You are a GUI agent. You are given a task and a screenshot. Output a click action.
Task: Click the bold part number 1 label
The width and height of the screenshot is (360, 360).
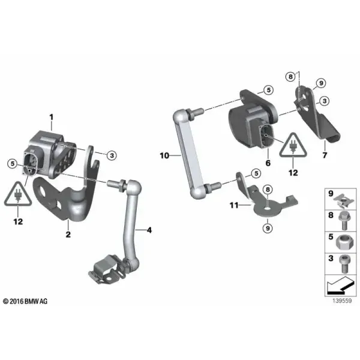tap(52, 118)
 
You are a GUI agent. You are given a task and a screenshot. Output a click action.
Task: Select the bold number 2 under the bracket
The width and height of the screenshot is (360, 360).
tap(68, 235)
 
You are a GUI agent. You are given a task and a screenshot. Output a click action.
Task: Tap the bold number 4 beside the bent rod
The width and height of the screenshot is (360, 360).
tap(149, 230)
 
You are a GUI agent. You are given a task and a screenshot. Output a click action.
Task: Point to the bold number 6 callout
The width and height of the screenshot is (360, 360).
tap(268, 163)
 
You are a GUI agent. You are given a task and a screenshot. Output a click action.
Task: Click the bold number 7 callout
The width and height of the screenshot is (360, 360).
tap(325, 155)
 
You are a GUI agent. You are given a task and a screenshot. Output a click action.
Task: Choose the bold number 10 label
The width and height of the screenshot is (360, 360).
tap(164, 155)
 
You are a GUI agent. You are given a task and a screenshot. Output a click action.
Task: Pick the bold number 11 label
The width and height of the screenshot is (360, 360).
tap(234, 205)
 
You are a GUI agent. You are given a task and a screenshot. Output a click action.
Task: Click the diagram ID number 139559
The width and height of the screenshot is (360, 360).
tap(342, 301)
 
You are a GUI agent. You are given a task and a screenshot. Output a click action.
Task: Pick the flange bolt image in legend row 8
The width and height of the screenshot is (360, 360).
tap(344, 221)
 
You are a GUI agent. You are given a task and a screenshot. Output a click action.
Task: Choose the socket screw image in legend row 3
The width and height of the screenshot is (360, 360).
tap(344, 264)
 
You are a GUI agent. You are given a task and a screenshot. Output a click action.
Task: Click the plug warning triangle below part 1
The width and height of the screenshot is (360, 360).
tap(18, 194)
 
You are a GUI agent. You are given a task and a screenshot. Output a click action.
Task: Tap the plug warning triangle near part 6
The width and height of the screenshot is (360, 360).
tap(293, 145)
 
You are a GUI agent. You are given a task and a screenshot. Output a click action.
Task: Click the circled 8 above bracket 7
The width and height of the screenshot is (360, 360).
tap(290, 76)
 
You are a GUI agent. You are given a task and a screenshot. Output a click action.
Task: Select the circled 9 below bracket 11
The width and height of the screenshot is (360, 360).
tap(268, 228)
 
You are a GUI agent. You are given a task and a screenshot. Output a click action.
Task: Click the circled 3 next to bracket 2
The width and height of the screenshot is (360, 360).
tap(112, 155)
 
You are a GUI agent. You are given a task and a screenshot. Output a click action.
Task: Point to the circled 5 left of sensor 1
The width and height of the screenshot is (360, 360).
tap(13, 164)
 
